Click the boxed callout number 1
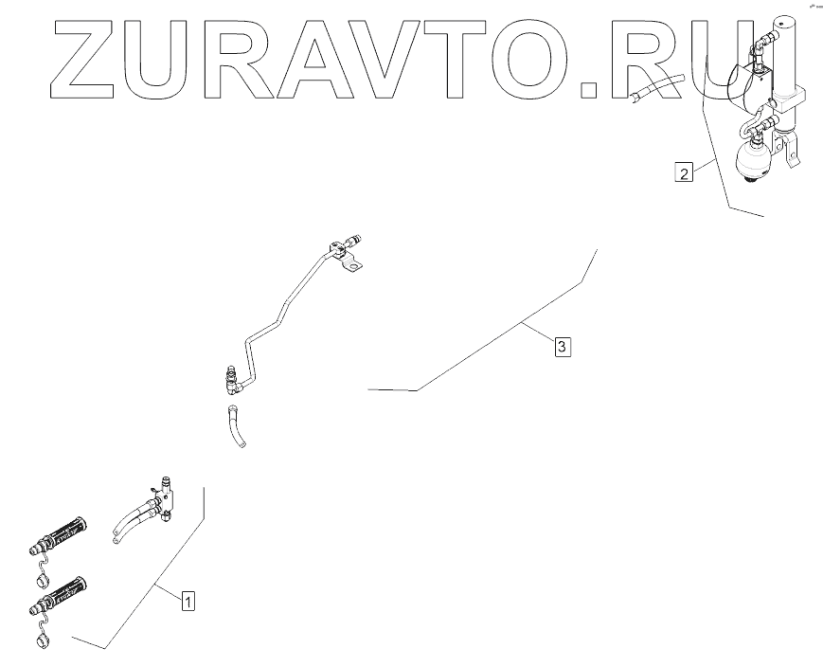188,600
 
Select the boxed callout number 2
682,171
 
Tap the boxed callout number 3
562,347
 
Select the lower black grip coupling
64,593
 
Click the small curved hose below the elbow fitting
234,427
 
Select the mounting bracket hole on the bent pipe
352,268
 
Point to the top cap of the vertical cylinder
785,24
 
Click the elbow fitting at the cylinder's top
764,41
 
